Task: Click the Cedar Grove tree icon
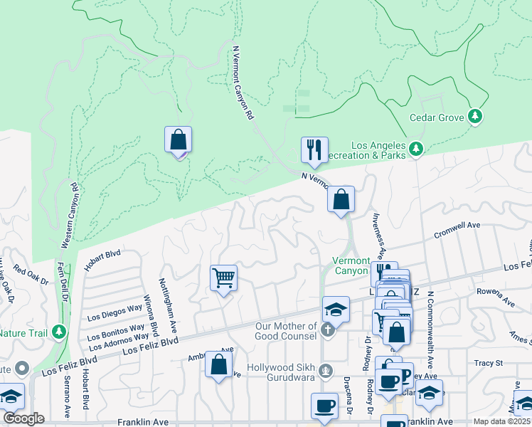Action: coord(475,116)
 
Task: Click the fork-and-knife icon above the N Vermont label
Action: coord(314,150)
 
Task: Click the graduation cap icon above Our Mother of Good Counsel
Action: coord(336,310)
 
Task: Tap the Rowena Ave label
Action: coord(496,296)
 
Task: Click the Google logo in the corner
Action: coord(23,418)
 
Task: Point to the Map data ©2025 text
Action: coord(501,421)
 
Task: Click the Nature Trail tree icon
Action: coord(60,332)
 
